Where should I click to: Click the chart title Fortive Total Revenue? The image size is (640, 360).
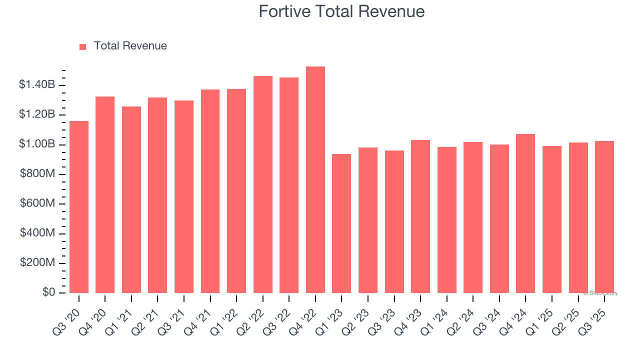pos(341,11)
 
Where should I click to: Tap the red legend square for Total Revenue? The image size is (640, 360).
pos(83,46)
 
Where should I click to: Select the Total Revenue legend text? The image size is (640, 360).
pos(130,46)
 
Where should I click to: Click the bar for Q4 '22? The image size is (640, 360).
pos(315,180)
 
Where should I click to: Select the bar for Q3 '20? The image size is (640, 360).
pos(79,207)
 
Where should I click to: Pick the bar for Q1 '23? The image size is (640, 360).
pos(341,223)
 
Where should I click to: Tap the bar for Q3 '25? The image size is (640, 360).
pos(604,217)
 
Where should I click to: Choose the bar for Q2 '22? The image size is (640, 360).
pos(262,184)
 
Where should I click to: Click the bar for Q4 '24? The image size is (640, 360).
pos(525,213)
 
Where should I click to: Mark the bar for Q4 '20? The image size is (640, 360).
pos(105,194)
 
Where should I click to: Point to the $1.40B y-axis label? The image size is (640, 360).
pos(37,85)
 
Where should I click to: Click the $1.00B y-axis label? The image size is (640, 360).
pos(37,144)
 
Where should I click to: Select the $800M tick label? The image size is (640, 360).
pos(37,174)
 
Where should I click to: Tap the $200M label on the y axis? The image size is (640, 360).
pos(37,263)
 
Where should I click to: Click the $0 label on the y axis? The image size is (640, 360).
pos(48,292)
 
